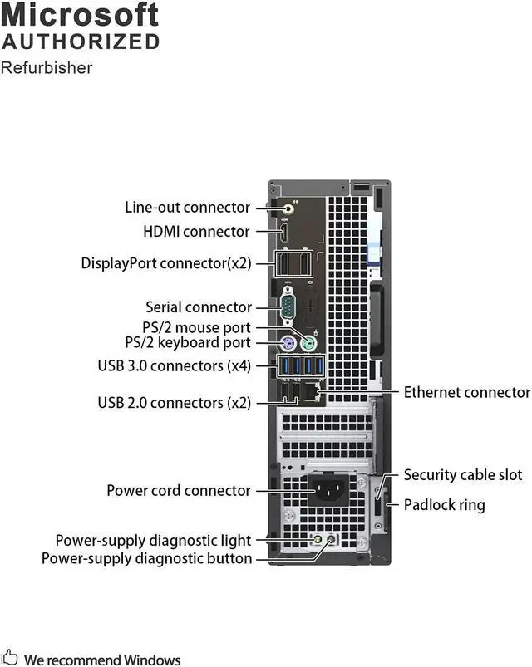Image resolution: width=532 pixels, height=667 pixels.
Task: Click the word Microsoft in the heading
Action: tap(80, 14)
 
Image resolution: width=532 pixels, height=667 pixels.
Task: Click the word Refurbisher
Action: tap(47, 68)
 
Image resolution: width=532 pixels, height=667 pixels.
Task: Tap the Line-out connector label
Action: tap(187, 208)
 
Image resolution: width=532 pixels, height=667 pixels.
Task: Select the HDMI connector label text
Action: tap(196, 232)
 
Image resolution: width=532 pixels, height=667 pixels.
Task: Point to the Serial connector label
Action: tap(198, 307)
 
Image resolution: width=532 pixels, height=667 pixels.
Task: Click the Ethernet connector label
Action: tap(466, 392)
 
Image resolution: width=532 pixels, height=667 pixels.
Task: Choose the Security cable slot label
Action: tap(463, 475)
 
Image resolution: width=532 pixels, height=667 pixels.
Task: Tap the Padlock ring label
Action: tap(444, 505)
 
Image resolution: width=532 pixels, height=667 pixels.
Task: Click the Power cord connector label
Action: tap(178, 491)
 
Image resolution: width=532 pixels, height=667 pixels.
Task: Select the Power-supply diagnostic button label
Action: tap(146, 558)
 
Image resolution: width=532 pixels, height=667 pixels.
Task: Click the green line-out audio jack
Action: tap(289, 208)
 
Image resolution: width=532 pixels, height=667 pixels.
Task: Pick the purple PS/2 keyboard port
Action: tap(287, 343)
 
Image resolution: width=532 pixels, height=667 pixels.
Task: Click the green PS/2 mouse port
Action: tap(308, 342)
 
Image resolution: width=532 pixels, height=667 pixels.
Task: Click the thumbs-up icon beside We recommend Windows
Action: tap(11, 660)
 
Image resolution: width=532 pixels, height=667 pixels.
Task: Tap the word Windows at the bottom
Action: tap(152, 660)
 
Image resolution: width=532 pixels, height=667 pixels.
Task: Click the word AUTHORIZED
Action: tap(80, 41)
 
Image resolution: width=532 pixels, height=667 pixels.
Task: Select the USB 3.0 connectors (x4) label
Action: tap(174, 365)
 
